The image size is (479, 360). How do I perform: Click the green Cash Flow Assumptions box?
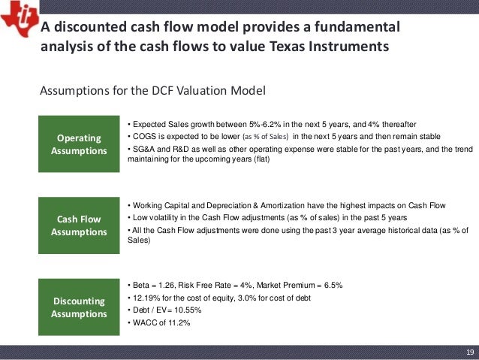click(x=79, y=225)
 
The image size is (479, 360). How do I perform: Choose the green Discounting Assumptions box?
click(x=79, y=307)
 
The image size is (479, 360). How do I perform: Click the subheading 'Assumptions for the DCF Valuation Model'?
click(x=152, y=92)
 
